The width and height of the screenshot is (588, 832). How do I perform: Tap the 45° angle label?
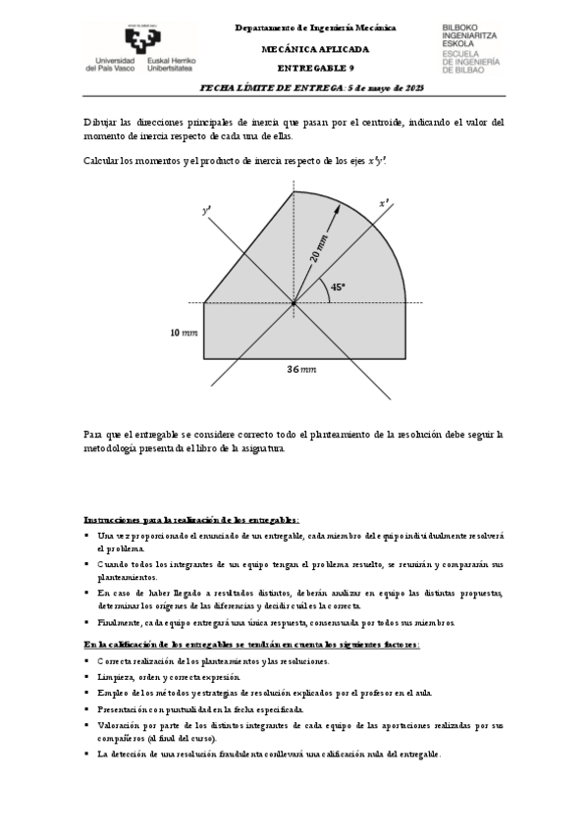pyautogui.click(x=338, y=287)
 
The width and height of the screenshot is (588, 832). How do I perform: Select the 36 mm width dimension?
pyautogui.click(x=300, y=369)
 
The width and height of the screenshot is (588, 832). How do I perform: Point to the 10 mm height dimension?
pyautogui.click(x=183, y=333)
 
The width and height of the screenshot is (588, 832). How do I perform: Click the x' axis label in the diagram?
pyautogui.click(x=384, y=204)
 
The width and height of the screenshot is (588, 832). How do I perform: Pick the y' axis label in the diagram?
pyautogui.click(x=206, y=210)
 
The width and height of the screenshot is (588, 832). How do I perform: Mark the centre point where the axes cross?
pyautogui.click(x=293, y=303)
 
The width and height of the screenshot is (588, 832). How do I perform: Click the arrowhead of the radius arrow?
pyautogui.click(x=340, y=208)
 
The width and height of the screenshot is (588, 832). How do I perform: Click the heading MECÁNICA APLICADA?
pyautogui.click(x=315, y=48)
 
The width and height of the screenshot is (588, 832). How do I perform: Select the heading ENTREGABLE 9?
pyautogui.click(x=315, y=68)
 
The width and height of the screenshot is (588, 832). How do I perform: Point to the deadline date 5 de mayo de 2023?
pyautogui.click(x=389, y=87)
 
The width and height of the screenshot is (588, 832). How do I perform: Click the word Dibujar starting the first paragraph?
pyautogui.click(x=101, y=122)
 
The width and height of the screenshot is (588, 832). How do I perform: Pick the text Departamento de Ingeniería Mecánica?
pyautogui.click(x=315, y=29)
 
